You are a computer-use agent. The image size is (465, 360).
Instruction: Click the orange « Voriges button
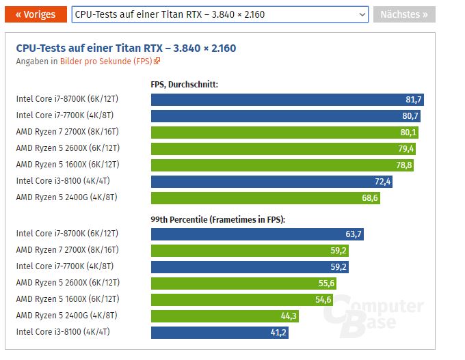(36, 14)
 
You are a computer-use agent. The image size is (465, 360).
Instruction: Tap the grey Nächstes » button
(404, 14)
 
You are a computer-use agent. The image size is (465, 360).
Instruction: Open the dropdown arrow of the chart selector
(362, 14)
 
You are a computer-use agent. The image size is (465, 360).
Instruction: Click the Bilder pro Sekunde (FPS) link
(106, 61)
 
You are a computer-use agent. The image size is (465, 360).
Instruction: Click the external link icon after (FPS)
(157, 61)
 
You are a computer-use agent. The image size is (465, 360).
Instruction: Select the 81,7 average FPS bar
(287, 100)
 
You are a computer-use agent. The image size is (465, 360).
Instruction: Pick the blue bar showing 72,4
(271, 182)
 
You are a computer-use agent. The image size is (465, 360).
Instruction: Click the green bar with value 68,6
(265, 198)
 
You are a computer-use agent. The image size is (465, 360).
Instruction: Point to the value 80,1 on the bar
(408, 132)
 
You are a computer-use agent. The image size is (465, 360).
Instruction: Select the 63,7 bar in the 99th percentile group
(257, 234)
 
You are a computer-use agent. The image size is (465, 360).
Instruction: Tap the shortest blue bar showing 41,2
(220, 333)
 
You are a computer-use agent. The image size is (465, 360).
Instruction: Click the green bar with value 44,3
(225, 316)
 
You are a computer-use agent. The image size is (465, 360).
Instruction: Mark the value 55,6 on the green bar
(326, 283)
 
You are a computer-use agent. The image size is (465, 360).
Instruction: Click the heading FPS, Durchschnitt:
(184, 85)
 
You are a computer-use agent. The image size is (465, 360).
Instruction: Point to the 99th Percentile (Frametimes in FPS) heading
(217, 219)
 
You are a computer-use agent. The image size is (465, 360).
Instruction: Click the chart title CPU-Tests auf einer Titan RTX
(90, 48)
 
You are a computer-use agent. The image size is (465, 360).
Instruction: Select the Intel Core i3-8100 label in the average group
(63, 181)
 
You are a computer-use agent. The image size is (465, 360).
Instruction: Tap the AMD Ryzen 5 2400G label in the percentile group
(67, 316)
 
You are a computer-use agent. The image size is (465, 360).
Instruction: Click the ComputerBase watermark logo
(373, 316)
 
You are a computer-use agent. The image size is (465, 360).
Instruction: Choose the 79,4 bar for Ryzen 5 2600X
(283, 149)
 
